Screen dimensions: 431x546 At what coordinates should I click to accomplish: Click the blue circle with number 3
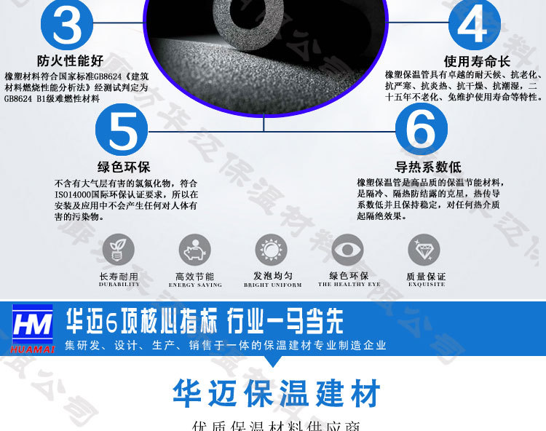pyautogui.click(x=67, y=24)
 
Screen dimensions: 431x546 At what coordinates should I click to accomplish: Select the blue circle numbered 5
pyautogui.click(x=122, y=129)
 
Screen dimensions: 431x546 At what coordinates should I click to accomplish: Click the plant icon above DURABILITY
pyautogui.click(x=118, y=250)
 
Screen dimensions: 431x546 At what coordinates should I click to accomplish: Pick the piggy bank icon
pyautogui.click(x=194, y=250)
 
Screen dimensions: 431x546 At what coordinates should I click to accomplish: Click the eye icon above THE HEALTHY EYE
pyautogui.click(x=347, y=250)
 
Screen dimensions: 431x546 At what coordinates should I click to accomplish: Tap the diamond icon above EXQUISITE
pyautogui.click(x=424, y=250)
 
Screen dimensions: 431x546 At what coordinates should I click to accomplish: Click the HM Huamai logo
pyautogui.click(x=33, y=328)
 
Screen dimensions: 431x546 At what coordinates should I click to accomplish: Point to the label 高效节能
pyautogui.click(x=194, y=277)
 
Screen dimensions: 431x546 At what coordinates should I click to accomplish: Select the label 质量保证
pyautogui.click(x=425, y=277)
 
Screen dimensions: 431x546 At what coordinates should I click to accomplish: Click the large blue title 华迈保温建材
pyautogui.click(x=277, y=394)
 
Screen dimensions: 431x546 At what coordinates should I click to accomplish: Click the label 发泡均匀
pyautogui.click(x=272, y=276)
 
